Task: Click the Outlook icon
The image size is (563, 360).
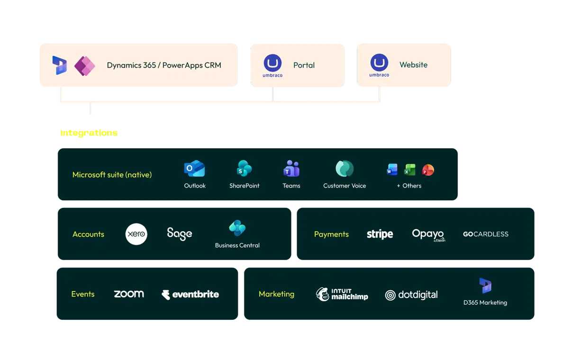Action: coord(195,168)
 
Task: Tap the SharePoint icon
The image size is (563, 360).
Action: coord(244,168)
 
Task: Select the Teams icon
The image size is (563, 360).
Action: coord(291,168)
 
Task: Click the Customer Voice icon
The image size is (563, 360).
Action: coord(345,168)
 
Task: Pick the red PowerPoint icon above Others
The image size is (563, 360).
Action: coord(428,170)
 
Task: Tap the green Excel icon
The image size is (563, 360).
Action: coord(409,170)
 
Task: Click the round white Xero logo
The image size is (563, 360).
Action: coord(136,234)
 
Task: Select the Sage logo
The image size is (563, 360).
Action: coord(180,234)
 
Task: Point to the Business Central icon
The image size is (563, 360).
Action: coord(237,228)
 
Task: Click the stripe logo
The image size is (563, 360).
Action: coord(380,234)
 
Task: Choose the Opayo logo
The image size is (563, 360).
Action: coord(428,235)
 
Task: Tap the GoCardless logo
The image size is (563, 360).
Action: coord(485,234)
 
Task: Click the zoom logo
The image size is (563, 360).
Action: coord(129,294)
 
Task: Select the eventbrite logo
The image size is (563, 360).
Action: coord(191,294)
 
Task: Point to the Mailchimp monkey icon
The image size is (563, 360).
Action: coord(322,294)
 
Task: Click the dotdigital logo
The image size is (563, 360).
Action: coord(411,295)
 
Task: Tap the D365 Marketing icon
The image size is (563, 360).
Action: coord(485,286)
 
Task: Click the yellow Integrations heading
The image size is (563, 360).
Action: coord(89,133)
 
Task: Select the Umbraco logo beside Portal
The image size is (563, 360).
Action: coord(272,66)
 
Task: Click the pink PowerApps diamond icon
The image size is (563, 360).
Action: coord(85,66)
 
